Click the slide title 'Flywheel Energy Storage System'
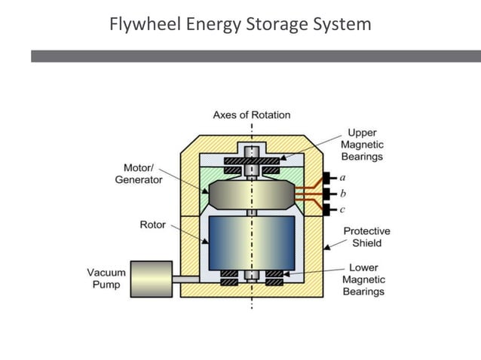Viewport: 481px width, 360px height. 240,24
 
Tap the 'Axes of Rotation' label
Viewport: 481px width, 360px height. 251,115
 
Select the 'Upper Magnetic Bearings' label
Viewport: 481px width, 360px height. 362,145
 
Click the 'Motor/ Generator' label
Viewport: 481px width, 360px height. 138,174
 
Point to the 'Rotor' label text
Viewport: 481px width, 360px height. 153,224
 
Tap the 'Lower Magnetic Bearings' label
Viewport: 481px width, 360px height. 363,279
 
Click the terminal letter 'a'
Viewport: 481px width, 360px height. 343,178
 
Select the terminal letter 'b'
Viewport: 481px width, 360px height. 343,194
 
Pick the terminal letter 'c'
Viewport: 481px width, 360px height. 343,209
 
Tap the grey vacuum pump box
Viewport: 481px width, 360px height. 151,279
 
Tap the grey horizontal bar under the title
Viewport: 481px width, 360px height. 256,56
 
